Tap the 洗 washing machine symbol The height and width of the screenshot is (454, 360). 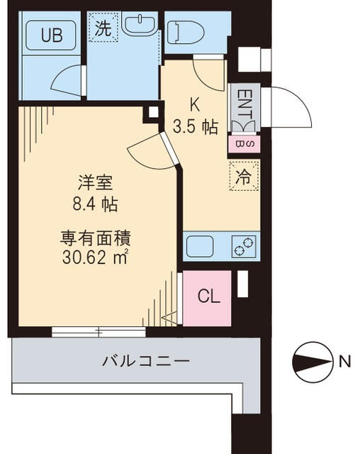(x=103, y=30)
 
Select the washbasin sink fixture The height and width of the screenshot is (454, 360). (x=140, y=26)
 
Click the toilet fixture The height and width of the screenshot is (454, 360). (x=186, y=31)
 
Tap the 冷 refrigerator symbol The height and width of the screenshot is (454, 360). (x=243, y=177)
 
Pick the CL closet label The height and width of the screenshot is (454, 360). (x=209, y=296)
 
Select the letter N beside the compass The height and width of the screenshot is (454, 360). (x=344, y=362)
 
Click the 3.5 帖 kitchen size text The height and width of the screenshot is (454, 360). (x=196, y=127)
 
